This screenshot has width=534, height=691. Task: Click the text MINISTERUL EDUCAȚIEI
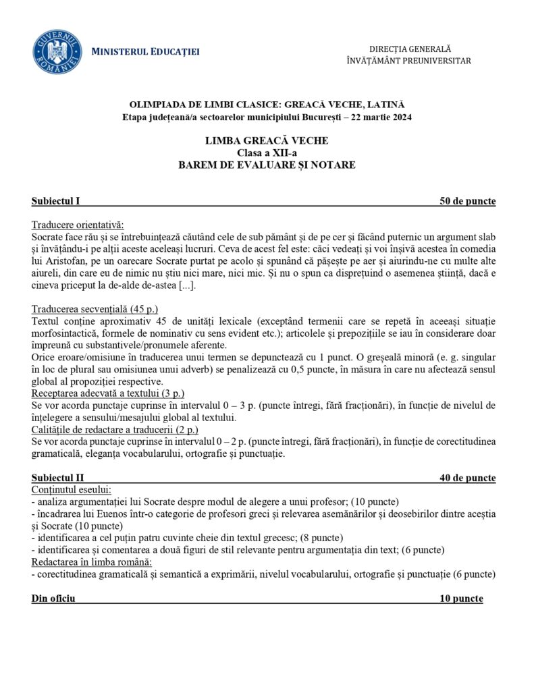[145, 52]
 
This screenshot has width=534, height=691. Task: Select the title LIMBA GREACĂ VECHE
[267, 141]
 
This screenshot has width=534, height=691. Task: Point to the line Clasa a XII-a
[267, 153]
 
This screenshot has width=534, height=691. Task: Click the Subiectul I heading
[56, 201]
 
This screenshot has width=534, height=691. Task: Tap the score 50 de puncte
[467, 201]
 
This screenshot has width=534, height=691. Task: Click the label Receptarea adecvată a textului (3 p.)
[108, 393]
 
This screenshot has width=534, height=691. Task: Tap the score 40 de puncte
[467, 478]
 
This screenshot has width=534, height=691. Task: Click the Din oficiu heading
[53, 599]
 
